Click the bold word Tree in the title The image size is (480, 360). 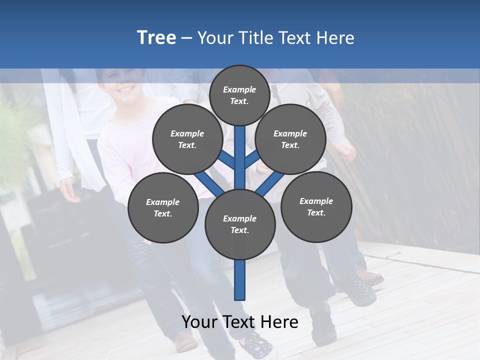156,37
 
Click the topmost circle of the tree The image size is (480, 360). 239,95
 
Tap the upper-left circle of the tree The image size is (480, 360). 187,139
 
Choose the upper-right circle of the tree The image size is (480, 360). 290,139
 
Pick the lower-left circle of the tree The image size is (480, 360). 162,208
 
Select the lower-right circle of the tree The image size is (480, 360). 316,206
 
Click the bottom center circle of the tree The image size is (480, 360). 240,224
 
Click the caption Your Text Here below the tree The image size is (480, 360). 240,322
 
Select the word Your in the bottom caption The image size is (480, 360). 199,322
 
